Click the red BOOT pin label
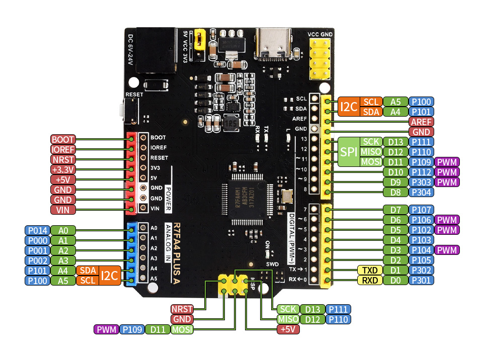(63, 139)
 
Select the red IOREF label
(63, 149)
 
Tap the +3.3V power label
(63, 169)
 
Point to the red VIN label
(63, 210)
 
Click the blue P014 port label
(37, 230)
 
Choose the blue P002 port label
(37, 260)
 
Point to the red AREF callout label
(421, 122)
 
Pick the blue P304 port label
(421, 192)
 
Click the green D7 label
(395, 210)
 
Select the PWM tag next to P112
(447, 172)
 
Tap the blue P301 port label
(421, 280)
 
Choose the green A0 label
(63, 230)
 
